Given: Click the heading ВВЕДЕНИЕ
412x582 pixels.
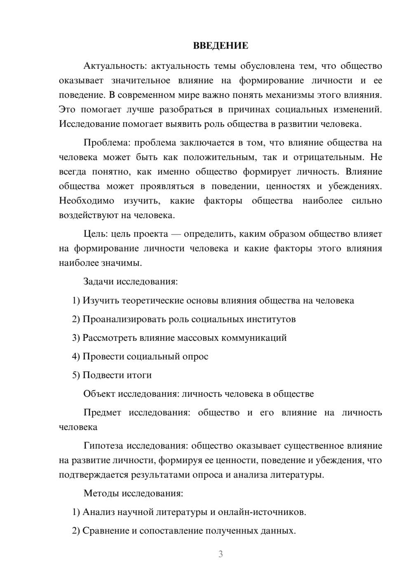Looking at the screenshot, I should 220,46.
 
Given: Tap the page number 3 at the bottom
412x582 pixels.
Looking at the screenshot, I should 220,554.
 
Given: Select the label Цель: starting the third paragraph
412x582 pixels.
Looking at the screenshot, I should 96,234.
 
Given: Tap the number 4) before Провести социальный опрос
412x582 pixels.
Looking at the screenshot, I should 76,356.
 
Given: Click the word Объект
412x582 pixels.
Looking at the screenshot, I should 99,394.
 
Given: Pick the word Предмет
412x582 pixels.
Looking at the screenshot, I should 102,412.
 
